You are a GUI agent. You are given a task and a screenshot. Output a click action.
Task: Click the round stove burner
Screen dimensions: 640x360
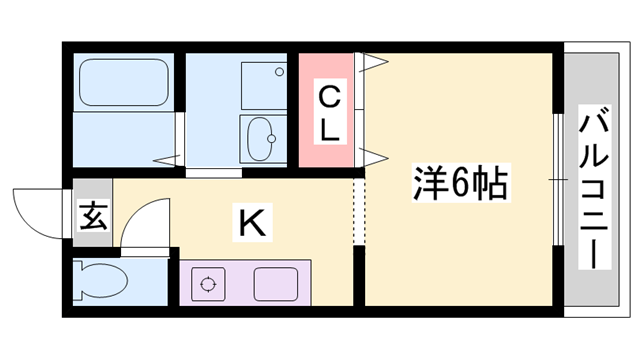click(x=208, y=284)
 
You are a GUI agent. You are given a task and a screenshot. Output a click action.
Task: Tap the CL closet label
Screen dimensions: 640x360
click(x=329, y=112)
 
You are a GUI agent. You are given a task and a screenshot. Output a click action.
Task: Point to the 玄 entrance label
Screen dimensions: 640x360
click(x=93, y=216)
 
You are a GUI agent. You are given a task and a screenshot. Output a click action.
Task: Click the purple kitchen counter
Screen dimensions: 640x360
click(x=245, y=284)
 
